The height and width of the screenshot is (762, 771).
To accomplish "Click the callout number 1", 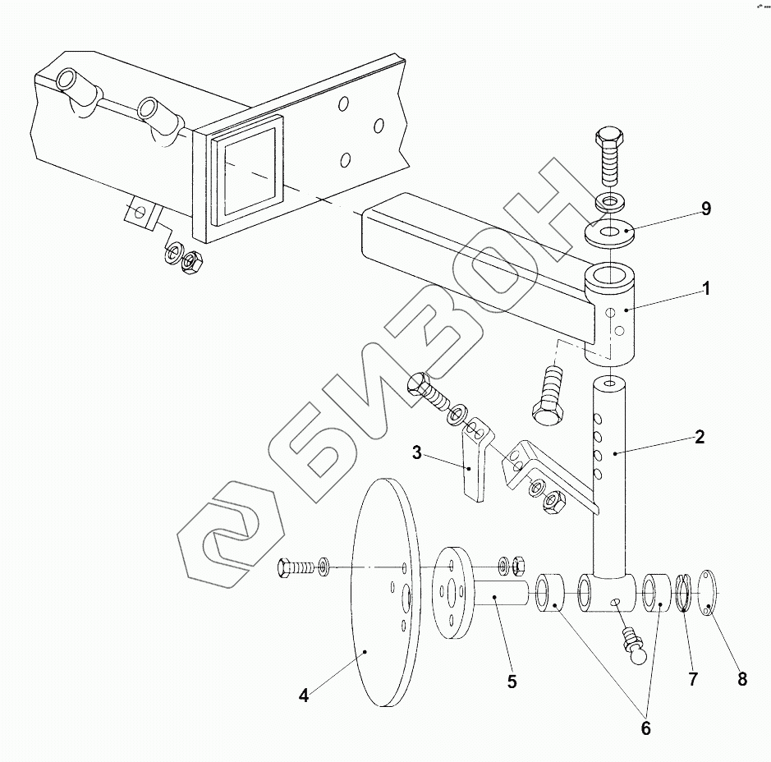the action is coord(705,289).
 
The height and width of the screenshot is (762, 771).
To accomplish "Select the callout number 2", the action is coord(699,437).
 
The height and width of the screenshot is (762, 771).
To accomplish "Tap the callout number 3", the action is coord(417,452).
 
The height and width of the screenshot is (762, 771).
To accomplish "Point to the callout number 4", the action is coord(304,696).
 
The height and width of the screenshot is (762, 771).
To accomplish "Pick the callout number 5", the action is coord(512,682).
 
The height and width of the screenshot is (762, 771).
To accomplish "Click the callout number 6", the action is coord(645,728).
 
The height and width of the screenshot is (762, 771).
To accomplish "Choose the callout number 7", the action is coord(692,679).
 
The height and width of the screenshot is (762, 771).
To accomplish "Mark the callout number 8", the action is coord(742,679).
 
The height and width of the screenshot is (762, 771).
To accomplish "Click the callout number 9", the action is coord(705,209).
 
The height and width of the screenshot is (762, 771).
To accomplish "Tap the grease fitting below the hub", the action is coord(635,645).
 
